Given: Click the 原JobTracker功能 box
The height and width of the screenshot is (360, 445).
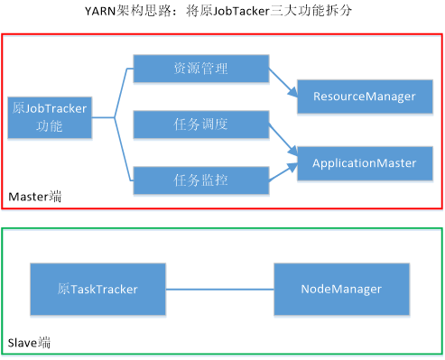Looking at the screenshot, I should [x=50, y=117].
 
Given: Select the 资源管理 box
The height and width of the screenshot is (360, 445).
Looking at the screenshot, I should [x=200, y=69].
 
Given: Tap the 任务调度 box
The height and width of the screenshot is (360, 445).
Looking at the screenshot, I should [x=200, y=125].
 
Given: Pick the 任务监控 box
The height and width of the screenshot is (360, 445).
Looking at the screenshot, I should [x=200, y=180].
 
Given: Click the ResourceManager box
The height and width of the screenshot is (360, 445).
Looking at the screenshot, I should [x=364, y=96].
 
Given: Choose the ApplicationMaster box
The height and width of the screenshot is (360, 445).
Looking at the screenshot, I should [x=364, y=163].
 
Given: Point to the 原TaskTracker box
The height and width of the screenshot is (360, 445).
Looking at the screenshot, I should [x=97, y=289].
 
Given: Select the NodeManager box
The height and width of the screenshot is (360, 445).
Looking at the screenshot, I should [x=340, y=289].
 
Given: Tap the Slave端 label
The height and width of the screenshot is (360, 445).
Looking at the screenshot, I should [x=29, y=343].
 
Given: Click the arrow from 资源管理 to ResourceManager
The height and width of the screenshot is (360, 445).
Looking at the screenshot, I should [x=283, y=83].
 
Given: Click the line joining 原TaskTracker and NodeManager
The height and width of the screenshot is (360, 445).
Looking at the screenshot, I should [x=219, y=289].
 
